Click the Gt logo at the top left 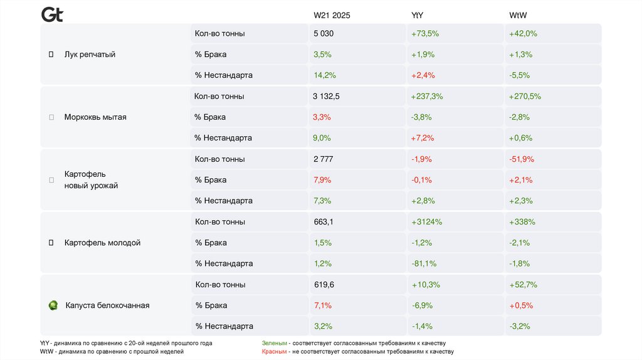52,14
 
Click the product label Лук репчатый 90,55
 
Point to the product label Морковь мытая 95,117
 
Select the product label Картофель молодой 102,243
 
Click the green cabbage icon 53,305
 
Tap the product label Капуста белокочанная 107,305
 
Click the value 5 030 324,34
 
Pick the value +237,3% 427,97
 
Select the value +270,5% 525,97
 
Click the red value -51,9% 522,159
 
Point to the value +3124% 427,222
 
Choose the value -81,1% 424,263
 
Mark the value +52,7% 524,285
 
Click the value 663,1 324,222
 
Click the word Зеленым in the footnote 275,344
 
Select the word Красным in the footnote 275,352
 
